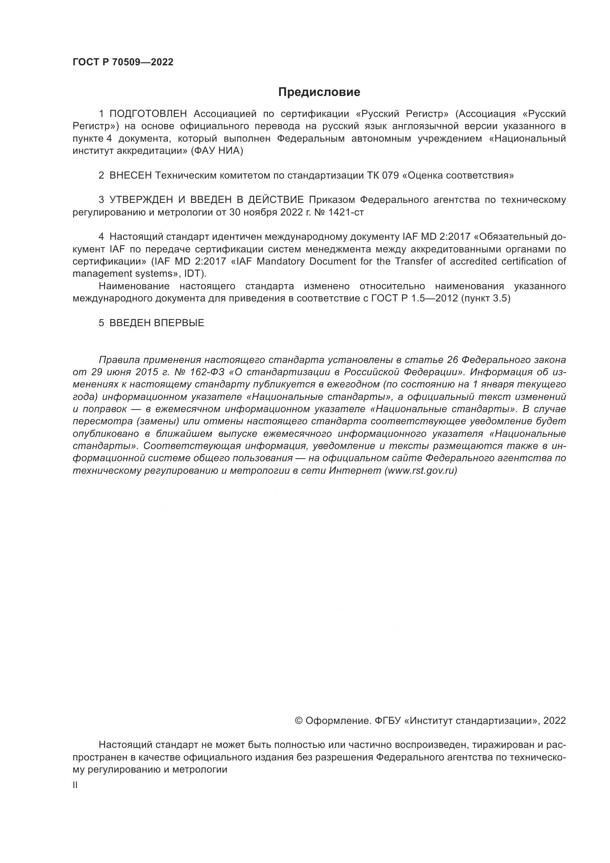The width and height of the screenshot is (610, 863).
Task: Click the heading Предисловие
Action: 319,92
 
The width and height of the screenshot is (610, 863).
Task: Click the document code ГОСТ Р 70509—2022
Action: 123,62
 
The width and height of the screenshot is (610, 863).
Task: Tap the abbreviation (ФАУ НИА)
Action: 217,151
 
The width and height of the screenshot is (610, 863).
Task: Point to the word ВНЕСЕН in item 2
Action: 130,176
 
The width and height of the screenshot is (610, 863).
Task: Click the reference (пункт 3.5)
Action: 486,298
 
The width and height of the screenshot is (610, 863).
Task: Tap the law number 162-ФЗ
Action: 206,372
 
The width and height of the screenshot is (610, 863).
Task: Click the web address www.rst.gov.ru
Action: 421,470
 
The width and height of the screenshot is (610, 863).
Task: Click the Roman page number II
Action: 75,785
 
